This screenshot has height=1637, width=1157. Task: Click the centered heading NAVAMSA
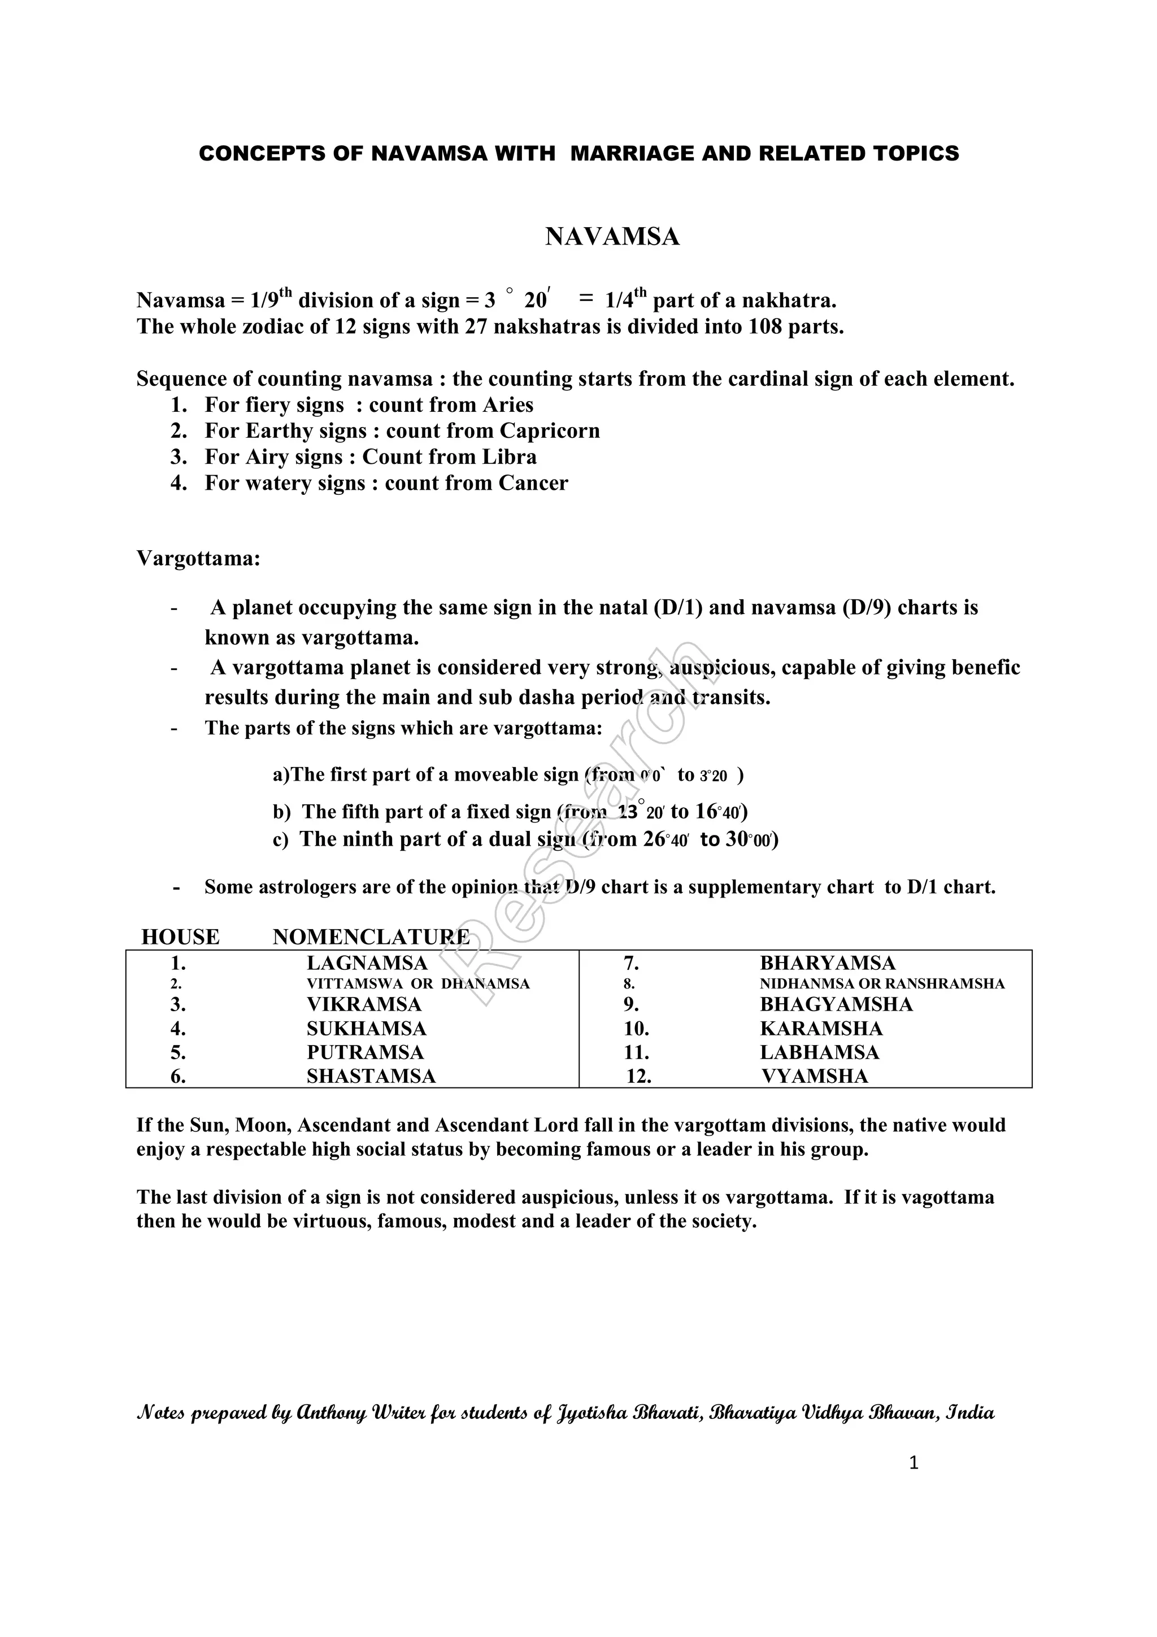pyautogui.click(x=612, y=237)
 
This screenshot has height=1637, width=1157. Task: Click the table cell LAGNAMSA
pyautogui.click(x=367, y=963)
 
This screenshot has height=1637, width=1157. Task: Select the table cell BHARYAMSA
pyautogui.click(x=827, y=963)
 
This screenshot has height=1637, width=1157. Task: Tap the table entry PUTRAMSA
pyautogui.click(x=365, y=1052)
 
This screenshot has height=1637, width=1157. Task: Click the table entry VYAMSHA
pyautogui.click(x=814, y=1076)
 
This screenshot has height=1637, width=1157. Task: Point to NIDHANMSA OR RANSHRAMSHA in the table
pyautogui.click(x=882, y=984)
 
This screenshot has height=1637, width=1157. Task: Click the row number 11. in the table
pyautogui.click(x=636, y=1052)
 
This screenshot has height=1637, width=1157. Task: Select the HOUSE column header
pyautogui.click(x=180, y=937)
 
